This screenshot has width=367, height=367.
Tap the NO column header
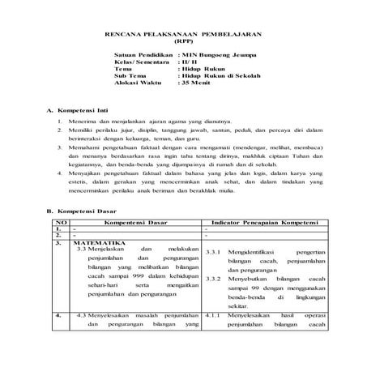pyautogui.click(x=59, y=222)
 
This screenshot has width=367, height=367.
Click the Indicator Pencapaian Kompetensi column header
pyautogui.click(x=262, y=222)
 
